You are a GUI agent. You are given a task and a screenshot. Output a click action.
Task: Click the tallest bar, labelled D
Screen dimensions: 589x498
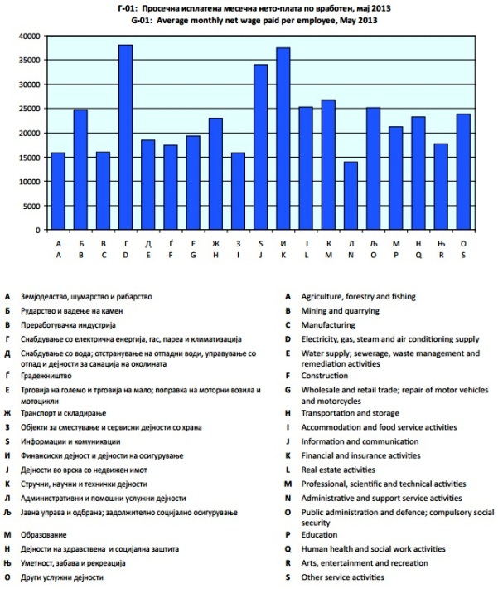[x=126, y=138]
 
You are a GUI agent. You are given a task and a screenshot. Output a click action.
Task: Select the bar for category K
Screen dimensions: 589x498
[x=283, y=139]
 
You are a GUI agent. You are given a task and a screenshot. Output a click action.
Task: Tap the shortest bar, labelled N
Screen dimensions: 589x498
[x=351, y=196]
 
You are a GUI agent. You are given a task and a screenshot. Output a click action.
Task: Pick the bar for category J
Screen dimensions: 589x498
[x=261, y=147]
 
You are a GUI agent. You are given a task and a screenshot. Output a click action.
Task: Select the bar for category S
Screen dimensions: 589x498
[x=463, y=172]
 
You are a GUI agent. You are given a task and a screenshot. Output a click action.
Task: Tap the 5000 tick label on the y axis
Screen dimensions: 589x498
[x=31, y=206]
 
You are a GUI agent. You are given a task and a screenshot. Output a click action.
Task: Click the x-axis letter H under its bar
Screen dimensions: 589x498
[x=216, y=255]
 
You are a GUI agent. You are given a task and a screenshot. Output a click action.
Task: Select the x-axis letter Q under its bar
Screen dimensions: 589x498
[x=418, y=255]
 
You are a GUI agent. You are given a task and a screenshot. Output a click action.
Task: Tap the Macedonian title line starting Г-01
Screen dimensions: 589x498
[x=249, y=7]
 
